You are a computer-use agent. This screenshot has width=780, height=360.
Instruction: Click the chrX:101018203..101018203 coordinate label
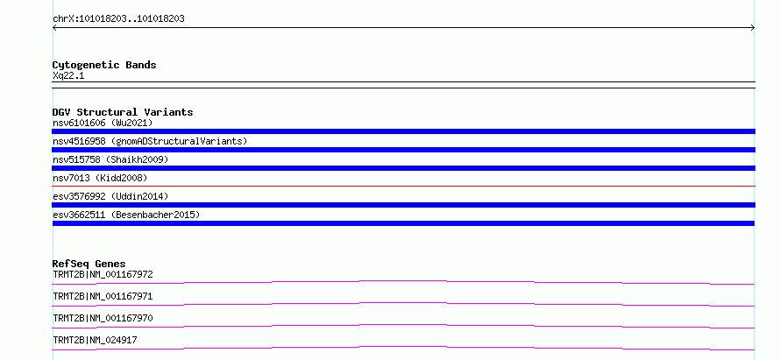pos(118,19)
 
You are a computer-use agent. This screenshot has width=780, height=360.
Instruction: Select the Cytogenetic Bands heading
pos(104,65)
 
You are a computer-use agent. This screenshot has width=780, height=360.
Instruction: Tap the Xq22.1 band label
pos(68,76)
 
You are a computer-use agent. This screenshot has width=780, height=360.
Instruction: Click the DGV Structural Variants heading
pos(123,112)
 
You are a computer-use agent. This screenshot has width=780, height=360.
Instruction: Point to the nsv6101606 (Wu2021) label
pos(103,123)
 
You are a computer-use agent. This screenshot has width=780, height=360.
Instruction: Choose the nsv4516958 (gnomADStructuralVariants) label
pos(150,141)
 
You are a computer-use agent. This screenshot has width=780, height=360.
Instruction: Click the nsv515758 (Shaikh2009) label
pos(110,159)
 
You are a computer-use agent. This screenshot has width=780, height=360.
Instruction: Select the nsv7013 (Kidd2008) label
pos(100,178)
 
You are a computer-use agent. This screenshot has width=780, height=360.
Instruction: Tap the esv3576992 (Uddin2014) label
pos(110,196)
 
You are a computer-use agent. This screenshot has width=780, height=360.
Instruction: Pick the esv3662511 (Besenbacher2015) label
pos(126,215)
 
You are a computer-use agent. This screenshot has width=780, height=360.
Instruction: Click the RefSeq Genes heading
pos(89,264)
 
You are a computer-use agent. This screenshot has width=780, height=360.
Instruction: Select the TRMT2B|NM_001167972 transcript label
pos(103,274)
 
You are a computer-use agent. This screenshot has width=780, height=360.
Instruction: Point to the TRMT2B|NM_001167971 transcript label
pos(103,296)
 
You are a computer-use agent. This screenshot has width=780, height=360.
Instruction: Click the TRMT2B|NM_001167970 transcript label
pos(103,318)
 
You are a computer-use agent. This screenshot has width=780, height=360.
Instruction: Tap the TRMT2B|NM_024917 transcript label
pos(95,340)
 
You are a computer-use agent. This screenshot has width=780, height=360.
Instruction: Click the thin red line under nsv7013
pos(403,186)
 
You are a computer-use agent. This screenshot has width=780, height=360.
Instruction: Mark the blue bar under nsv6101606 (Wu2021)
pos(403,131)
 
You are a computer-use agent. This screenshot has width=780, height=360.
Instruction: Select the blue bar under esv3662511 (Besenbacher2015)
pos(403,223)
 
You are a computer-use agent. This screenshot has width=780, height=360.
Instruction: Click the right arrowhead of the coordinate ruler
pos(753,28)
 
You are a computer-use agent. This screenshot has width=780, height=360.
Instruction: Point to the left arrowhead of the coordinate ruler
pos(54,28)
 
